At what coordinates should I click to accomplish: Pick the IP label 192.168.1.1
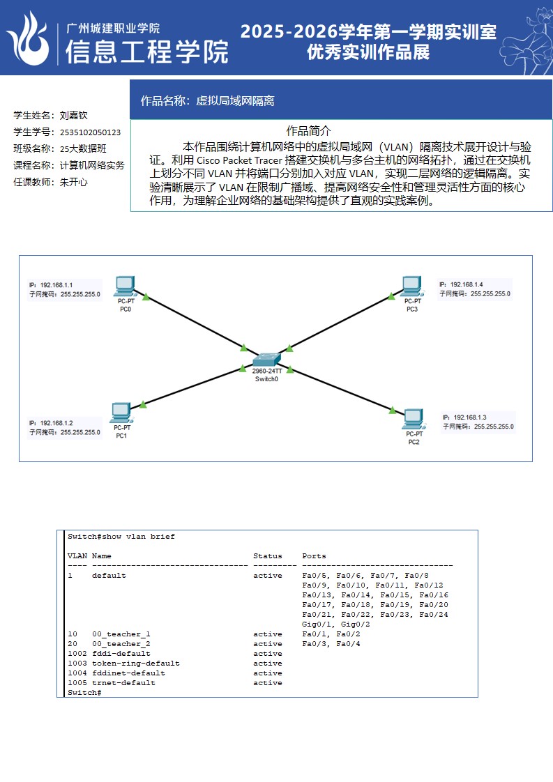tap(56, 285)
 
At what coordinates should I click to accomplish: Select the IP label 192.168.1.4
tap(467, 284)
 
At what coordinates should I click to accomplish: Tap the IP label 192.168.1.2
tap(56, 423)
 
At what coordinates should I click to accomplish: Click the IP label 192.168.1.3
tap(470, 417)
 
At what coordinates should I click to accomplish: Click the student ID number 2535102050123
tap(90, 132)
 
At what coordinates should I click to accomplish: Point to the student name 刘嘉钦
tap(73, 115)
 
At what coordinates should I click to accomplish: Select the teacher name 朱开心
tap(73, 182)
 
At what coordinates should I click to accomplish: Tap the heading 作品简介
tap(308, 130)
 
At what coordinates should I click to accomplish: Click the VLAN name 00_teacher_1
tap(121, 634)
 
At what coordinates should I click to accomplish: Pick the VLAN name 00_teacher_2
tap(121, 644)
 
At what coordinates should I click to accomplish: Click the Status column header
tap(268, 556)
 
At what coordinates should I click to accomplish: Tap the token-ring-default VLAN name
tap(135, 664)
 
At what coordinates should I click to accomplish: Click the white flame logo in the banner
tap(28, 38)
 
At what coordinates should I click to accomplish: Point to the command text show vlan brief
tap(138, 537)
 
